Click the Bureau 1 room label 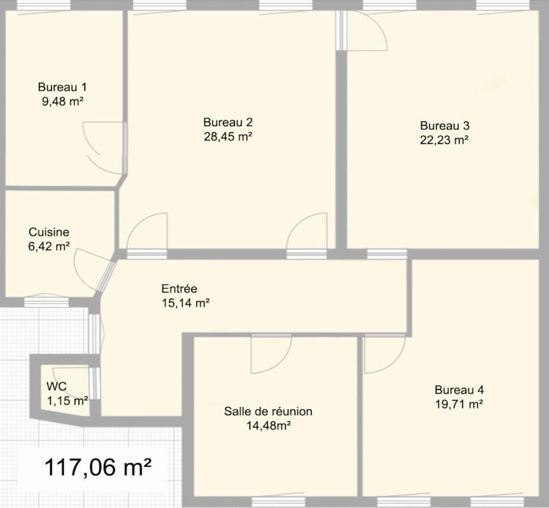(62, 87)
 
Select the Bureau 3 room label (445, 126)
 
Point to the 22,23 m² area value (445, 140)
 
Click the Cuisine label (49, 232)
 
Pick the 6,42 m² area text (49, 246)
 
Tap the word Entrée (179, 289)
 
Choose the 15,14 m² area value (186, 304)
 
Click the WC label (57, 386)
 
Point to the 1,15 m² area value (67, 401)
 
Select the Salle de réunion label (268, 411)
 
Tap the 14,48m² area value (268, 426)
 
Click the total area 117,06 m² (98, 469)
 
